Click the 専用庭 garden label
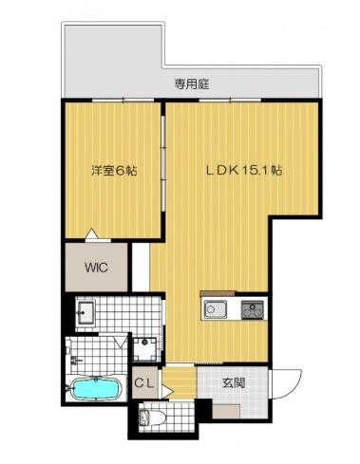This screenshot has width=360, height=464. [192, 84]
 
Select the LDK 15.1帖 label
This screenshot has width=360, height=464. [245, 172]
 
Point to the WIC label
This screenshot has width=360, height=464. [96, 268]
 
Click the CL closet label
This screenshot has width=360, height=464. [144, 383]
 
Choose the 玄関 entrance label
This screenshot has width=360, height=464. [234, 383]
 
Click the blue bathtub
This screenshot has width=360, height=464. [96, 389]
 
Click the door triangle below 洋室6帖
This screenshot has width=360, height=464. [91, 233]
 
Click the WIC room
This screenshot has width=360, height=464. [96, 269]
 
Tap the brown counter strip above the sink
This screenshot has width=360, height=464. [217, 293]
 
